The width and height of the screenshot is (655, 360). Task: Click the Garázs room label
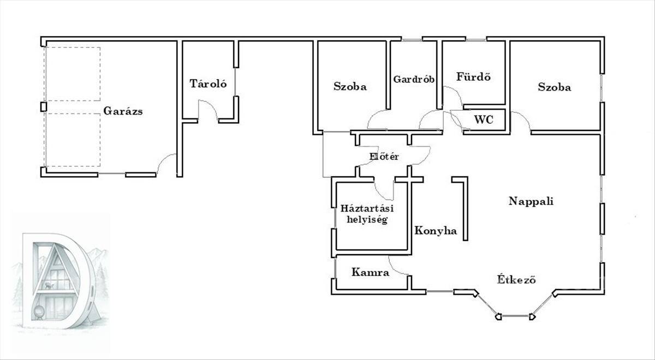coord(123,111)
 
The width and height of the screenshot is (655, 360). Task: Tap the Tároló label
coord(208,83)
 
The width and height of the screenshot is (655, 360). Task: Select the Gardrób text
coord(414,79)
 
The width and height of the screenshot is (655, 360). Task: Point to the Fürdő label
coord(473,76)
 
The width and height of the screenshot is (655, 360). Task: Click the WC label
coord(484,119)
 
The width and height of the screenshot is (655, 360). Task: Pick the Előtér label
coord(384,157)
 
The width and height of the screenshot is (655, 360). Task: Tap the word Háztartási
coord(367,208)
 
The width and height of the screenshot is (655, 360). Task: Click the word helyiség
coord(367,219)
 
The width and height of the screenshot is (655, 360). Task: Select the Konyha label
coord(436,231)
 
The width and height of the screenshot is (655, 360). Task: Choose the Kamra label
coord(371,272)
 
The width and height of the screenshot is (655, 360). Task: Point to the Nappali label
coord(531,201)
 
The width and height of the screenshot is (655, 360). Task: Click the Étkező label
coord(516,279)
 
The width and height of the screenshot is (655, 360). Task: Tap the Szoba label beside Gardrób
coord(350,87)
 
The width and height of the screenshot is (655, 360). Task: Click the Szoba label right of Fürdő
coord(555,87)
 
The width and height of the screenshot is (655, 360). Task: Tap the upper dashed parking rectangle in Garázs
coord(73,74)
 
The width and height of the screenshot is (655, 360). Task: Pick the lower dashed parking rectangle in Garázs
coord(73,140)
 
